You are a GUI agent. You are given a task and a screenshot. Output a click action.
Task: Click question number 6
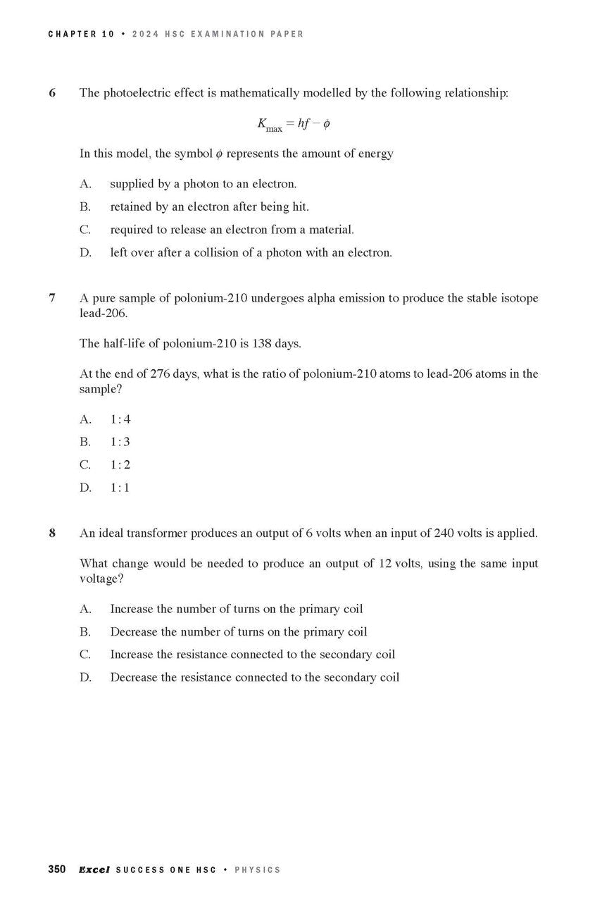point(53,93)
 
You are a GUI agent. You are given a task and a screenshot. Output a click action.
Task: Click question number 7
point(53,298)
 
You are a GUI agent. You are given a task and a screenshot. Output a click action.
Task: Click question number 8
point(53,533)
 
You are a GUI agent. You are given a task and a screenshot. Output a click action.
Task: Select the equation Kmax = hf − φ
point(294,125)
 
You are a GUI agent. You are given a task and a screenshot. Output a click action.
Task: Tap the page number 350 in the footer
point(57,870)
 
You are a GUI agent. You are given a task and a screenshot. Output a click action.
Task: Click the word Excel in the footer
point(94,870)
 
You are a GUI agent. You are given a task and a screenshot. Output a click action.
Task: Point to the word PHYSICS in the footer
point(257,870)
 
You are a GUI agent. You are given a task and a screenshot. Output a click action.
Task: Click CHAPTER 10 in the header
point(81,34)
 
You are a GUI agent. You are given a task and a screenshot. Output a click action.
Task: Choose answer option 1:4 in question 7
point(120,419)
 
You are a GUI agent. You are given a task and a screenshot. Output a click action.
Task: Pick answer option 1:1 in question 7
point(120,488)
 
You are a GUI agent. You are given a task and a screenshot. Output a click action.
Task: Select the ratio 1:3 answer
point(120,442)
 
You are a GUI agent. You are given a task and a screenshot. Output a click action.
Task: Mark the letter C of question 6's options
point(85,230)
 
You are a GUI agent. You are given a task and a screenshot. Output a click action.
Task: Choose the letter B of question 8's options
point(85,632)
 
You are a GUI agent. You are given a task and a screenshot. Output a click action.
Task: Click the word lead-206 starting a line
point(102,314)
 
